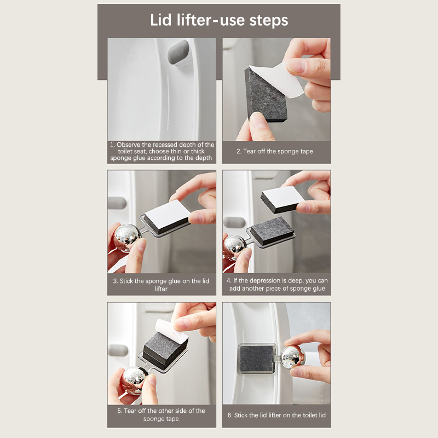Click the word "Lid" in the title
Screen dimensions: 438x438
[160, 20]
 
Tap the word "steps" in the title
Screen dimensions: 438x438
[268, 21]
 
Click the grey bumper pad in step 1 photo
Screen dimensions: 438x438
[178, 52]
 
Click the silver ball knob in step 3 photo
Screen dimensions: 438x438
[128, 237]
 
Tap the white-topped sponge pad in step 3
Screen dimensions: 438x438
[167, 217]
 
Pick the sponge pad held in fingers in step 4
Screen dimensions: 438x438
[282, 199]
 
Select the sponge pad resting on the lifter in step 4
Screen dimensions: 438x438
[272, 230]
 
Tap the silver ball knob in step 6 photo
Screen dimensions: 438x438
[293, 357]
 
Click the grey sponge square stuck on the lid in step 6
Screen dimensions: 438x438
[256, 359]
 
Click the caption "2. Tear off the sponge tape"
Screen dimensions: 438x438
[275, 152]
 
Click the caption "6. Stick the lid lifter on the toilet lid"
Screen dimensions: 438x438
[276, 415]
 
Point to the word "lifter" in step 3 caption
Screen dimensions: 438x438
[161, 289]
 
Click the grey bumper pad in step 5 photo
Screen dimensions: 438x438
[118, 350]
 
